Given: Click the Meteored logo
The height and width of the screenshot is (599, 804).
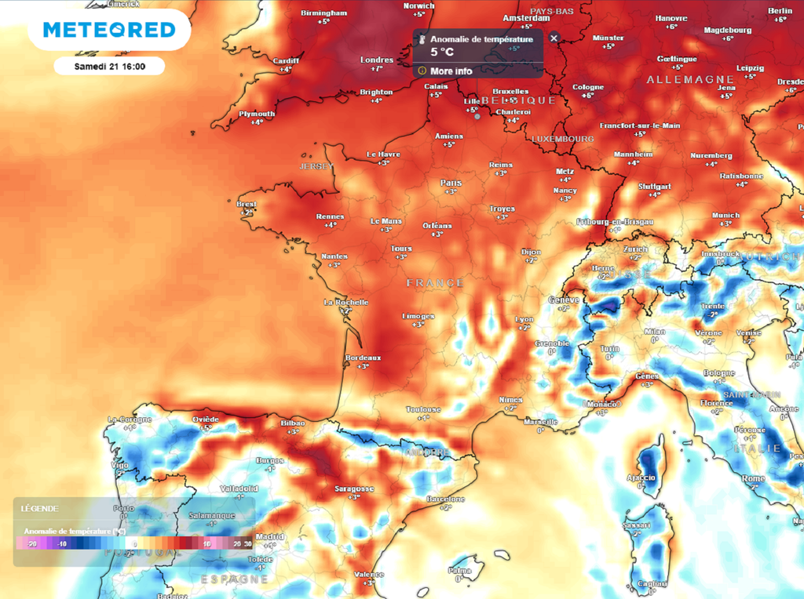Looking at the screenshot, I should tap(109, 30).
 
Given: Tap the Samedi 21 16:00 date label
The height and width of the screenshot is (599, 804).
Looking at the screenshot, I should tap(109, 67).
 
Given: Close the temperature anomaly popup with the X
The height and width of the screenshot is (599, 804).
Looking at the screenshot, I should tap(554, 38).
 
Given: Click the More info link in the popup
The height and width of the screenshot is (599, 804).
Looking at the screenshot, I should tap(451, 71).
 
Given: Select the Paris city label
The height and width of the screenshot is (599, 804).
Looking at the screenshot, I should tap(451, 183).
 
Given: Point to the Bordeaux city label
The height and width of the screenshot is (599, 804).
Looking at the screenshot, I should tap(363, 358).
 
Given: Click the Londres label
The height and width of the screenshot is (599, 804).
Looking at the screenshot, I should tap(377, 60).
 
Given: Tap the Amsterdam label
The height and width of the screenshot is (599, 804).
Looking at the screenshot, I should tap(525, 17).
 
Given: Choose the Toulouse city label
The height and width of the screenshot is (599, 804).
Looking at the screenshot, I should tap(423, 409).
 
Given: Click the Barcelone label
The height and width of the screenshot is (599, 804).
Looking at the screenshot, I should tap(445, 499).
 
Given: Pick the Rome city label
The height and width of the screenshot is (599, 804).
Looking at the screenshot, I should tap(753, 478).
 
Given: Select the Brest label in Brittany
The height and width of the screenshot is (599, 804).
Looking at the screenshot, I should tap(247, 205).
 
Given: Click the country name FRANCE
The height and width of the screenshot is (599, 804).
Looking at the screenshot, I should tap(435, 283).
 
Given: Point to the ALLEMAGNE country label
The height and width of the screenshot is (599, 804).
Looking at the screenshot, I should tap(690, 80).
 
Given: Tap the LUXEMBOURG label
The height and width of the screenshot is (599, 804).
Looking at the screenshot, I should tap(563, 139).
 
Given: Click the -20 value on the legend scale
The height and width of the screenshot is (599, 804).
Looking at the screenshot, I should tap(32, 543).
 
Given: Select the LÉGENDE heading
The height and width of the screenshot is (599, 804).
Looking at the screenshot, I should tap(38, 508).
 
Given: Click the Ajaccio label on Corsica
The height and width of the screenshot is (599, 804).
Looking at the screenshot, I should tap(641, 477).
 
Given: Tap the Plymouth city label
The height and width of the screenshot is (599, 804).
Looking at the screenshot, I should tap(258, 114).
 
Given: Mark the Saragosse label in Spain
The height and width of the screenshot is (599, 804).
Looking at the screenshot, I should tap(354, 488).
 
